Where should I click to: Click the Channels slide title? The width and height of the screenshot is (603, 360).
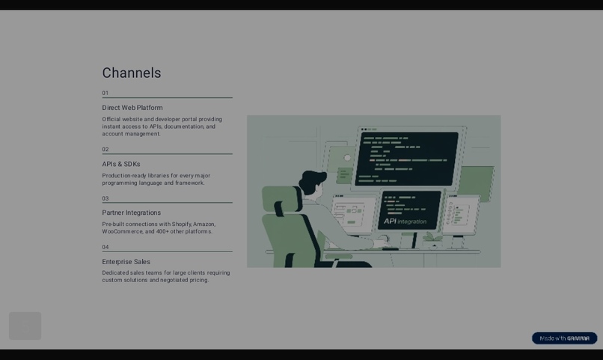(x=132, y=73)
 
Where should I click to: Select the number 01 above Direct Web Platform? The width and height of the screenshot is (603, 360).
(x=105, y=94)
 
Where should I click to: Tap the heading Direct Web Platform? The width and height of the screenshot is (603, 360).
(x=132, y=108)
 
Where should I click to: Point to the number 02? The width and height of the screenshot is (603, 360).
(x=105, y=150)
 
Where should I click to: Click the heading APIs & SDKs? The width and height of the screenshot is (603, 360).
(x=121, y=165)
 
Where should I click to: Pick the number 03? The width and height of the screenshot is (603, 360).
(x=105, y=199)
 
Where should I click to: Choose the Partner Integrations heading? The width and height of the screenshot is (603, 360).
(x=132, y=213)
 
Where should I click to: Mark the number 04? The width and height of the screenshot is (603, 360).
(x=105, y=248)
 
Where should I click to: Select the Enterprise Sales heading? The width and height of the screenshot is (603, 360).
(x=126, y=262)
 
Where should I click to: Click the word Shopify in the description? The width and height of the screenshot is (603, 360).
(x=182, y=225)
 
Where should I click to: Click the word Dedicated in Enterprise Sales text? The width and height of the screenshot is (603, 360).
(x=116, y=273)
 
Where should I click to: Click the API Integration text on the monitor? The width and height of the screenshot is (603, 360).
(x=405, y=222)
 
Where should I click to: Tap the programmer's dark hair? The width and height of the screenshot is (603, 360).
(x=313, y=180)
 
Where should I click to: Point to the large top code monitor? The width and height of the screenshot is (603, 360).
(x=408, y=158)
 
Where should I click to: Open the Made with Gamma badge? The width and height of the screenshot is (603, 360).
(x=564, y=338)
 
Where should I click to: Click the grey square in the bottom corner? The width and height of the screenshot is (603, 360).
(x=25, y=326)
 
